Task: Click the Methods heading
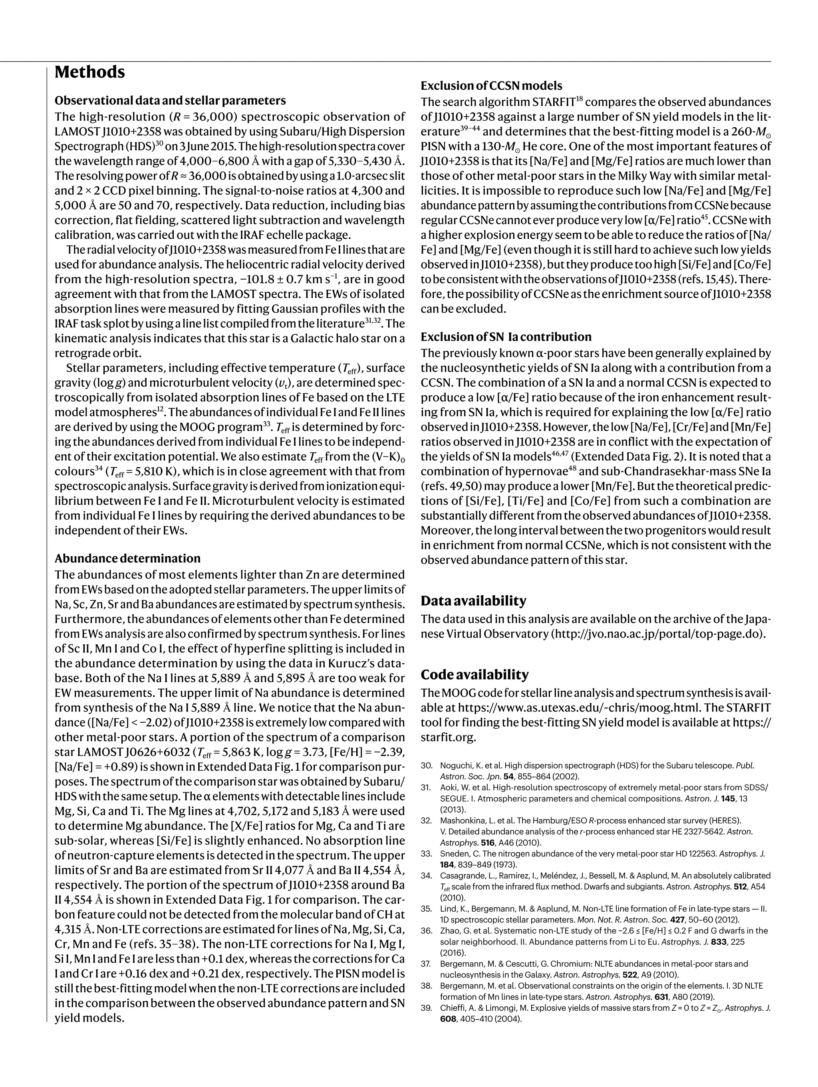89,72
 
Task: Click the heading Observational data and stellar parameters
170,101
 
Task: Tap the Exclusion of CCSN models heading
491,86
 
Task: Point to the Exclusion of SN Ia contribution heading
506,337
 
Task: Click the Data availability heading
473,600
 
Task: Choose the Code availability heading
475,674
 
